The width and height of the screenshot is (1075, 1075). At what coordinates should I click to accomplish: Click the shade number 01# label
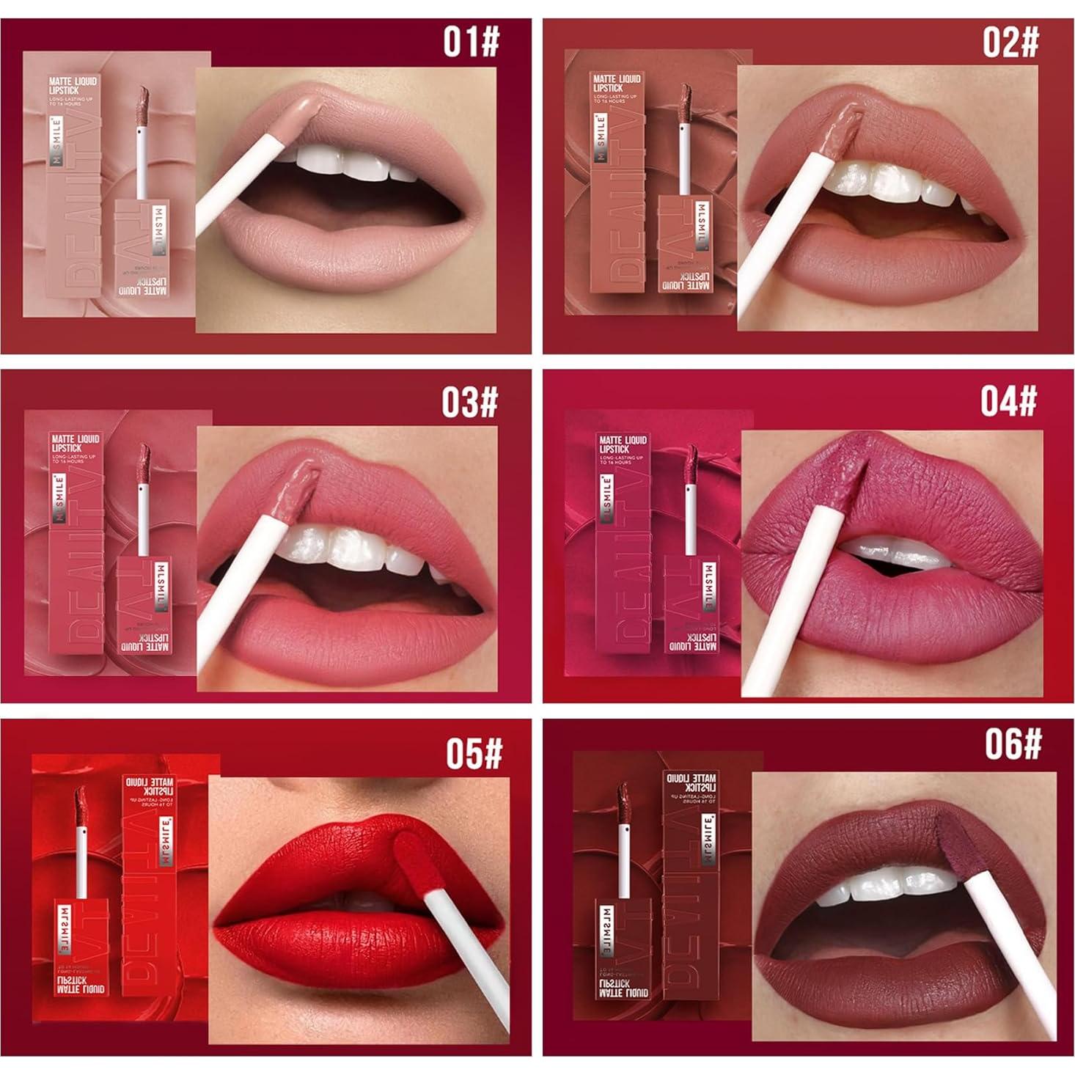(470, 41)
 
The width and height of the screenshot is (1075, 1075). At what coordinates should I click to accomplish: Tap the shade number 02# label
(1010, 41)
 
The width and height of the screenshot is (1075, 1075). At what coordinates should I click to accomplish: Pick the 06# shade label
(1013, 744)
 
